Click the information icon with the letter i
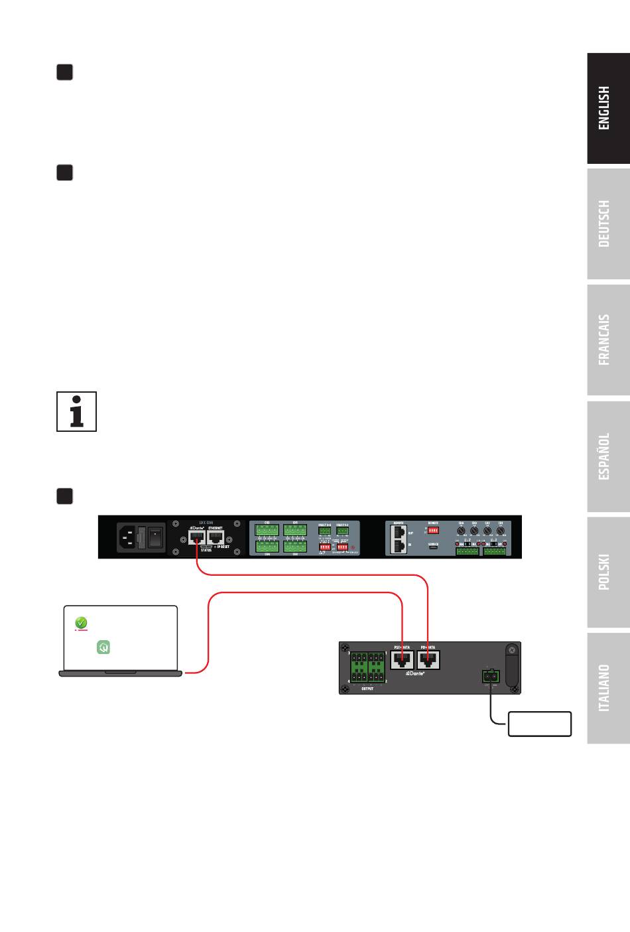click(77, 411)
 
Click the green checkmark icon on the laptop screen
click(80, 623)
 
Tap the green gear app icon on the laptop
click(103, 646)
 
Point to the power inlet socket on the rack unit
click(129, 537)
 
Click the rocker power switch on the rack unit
click(155, 537)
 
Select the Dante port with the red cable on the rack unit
click(197, 538)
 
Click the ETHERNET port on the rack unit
click(216, 538)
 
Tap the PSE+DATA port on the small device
click(403, 660)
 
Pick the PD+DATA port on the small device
click(428, 660)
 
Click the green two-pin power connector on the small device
click(491, 677)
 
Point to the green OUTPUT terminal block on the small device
click(367, 667)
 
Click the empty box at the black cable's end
click(539, 724)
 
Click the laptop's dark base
click(120, 673)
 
